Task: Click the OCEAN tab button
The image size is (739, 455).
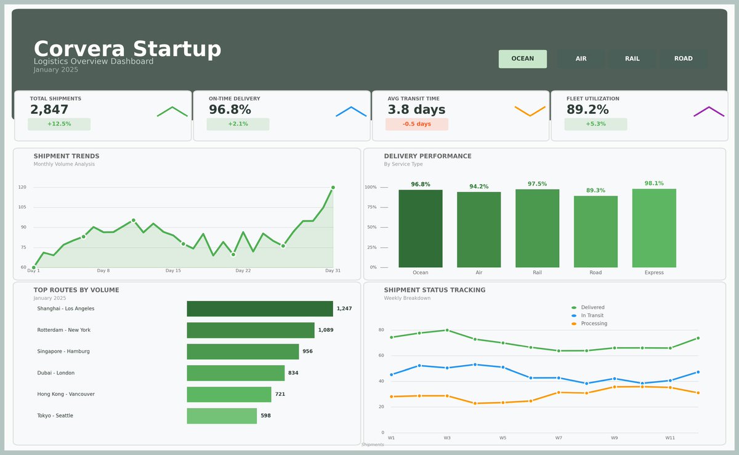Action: coord(522,59)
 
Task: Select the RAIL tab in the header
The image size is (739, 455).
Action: coord(632,59)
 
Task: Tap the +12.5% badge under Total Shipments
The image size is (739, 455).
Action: coord(59,124)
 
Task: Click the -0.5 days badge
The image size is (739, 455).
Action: coord(416,124)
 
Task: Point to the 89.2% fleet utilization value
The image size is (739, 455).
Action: coord(588,110)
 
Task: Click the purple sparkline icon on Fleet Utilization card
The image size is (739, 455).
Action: coord(709,111)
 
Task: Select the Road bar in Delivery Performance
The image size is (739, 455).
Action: coord(596,232)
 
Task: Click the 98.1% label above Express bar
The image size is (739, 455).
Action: coord(654,183)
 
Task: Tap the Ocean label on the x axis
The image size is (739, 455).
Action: coord(420,273)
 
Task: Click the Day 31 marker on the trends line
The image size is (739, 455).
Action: coord(333,187)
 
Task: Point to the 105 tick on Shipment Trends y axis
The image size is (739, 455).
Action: coord(22,207)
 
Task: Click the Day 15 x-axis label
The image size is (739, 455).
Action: coord(173,271)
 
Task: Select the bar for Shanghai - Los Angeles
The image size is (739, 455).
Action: coord(259,308)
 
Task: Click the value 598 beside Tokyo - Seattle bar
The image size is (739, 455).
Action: coord(265,416)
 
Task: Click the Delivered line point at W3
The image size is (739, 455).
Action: coord(447,330)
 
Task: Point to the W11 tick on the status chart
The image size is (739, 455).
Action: coord(670,438)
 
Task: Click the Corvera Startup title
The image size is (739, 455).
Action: coord(127,49)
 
